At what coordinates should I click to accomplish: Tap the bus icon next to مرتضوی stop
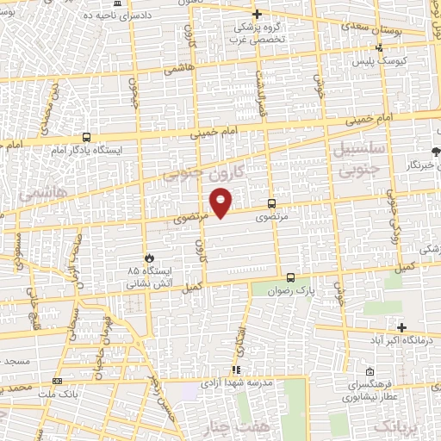click(272, 204)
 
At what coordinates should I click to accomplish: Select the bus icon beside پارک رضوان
click(290, 277)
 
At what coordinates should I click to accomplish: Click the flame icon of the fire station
click(148, 257)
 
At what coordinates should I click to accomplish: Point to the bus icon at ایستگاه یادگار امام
click(86, 137)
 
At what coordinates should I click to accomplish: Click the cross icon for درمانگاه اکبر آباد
click(401, 326)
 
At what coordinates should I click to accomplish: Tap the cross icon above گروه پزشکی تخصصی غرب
click(258, 14)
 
